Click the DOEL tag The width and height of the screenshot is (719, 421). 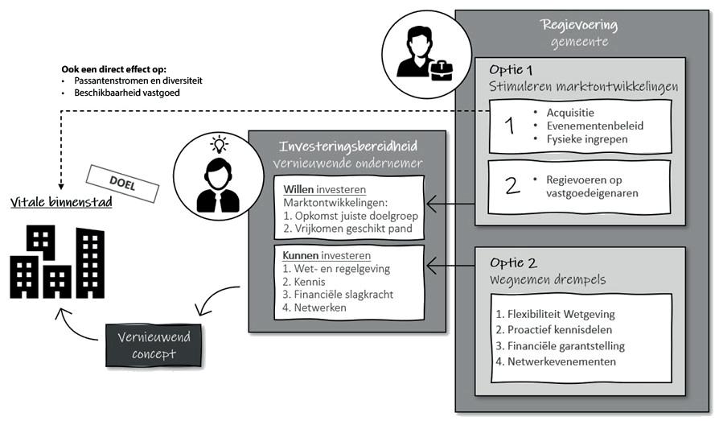point(122,184)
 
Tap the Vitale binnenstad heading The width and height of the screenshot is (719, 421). point(61,203)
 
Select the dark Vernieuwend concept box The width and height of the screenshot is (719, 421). point(154,345)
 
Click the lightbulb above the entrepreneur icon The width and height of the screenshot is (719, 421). point(220,144)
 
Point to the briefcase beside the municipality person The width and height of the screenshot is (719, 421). point(441,70)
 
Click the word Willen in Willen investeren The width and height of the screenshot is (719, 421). point(298,189)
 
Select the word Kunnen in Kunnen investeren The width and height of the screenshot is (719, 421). point(300,255)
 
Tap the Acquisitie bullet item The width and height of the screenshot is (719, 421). point(570,113)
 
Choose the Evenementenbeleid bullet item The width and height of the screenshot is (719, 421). point(594,126)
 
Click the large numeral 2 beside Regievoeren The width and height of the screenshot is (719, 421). point(512,185)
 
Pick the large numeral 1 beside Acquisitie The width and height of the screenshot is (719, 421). point(509,126)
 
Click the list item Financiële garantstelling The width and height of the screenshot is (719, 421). point(561,345)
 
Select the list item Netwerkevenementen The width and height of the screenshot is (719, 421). point(556,361)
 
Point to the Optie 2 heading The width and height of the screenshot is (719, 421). point(513,262)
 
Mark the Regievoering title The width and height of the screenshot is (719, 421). point(579,24)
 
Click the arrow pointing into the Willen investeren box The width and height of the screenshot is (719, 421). point(450,204)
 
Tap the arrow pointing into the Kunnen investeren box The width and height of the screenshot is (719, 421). point(450,265)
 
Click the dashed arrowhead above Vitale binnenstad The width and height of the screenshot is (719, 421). point(61,187)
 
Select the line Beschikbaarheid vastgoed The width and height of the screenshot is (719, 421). point(127,93)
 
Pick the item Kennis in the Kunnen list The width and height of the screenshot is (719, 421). point(304,282)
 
